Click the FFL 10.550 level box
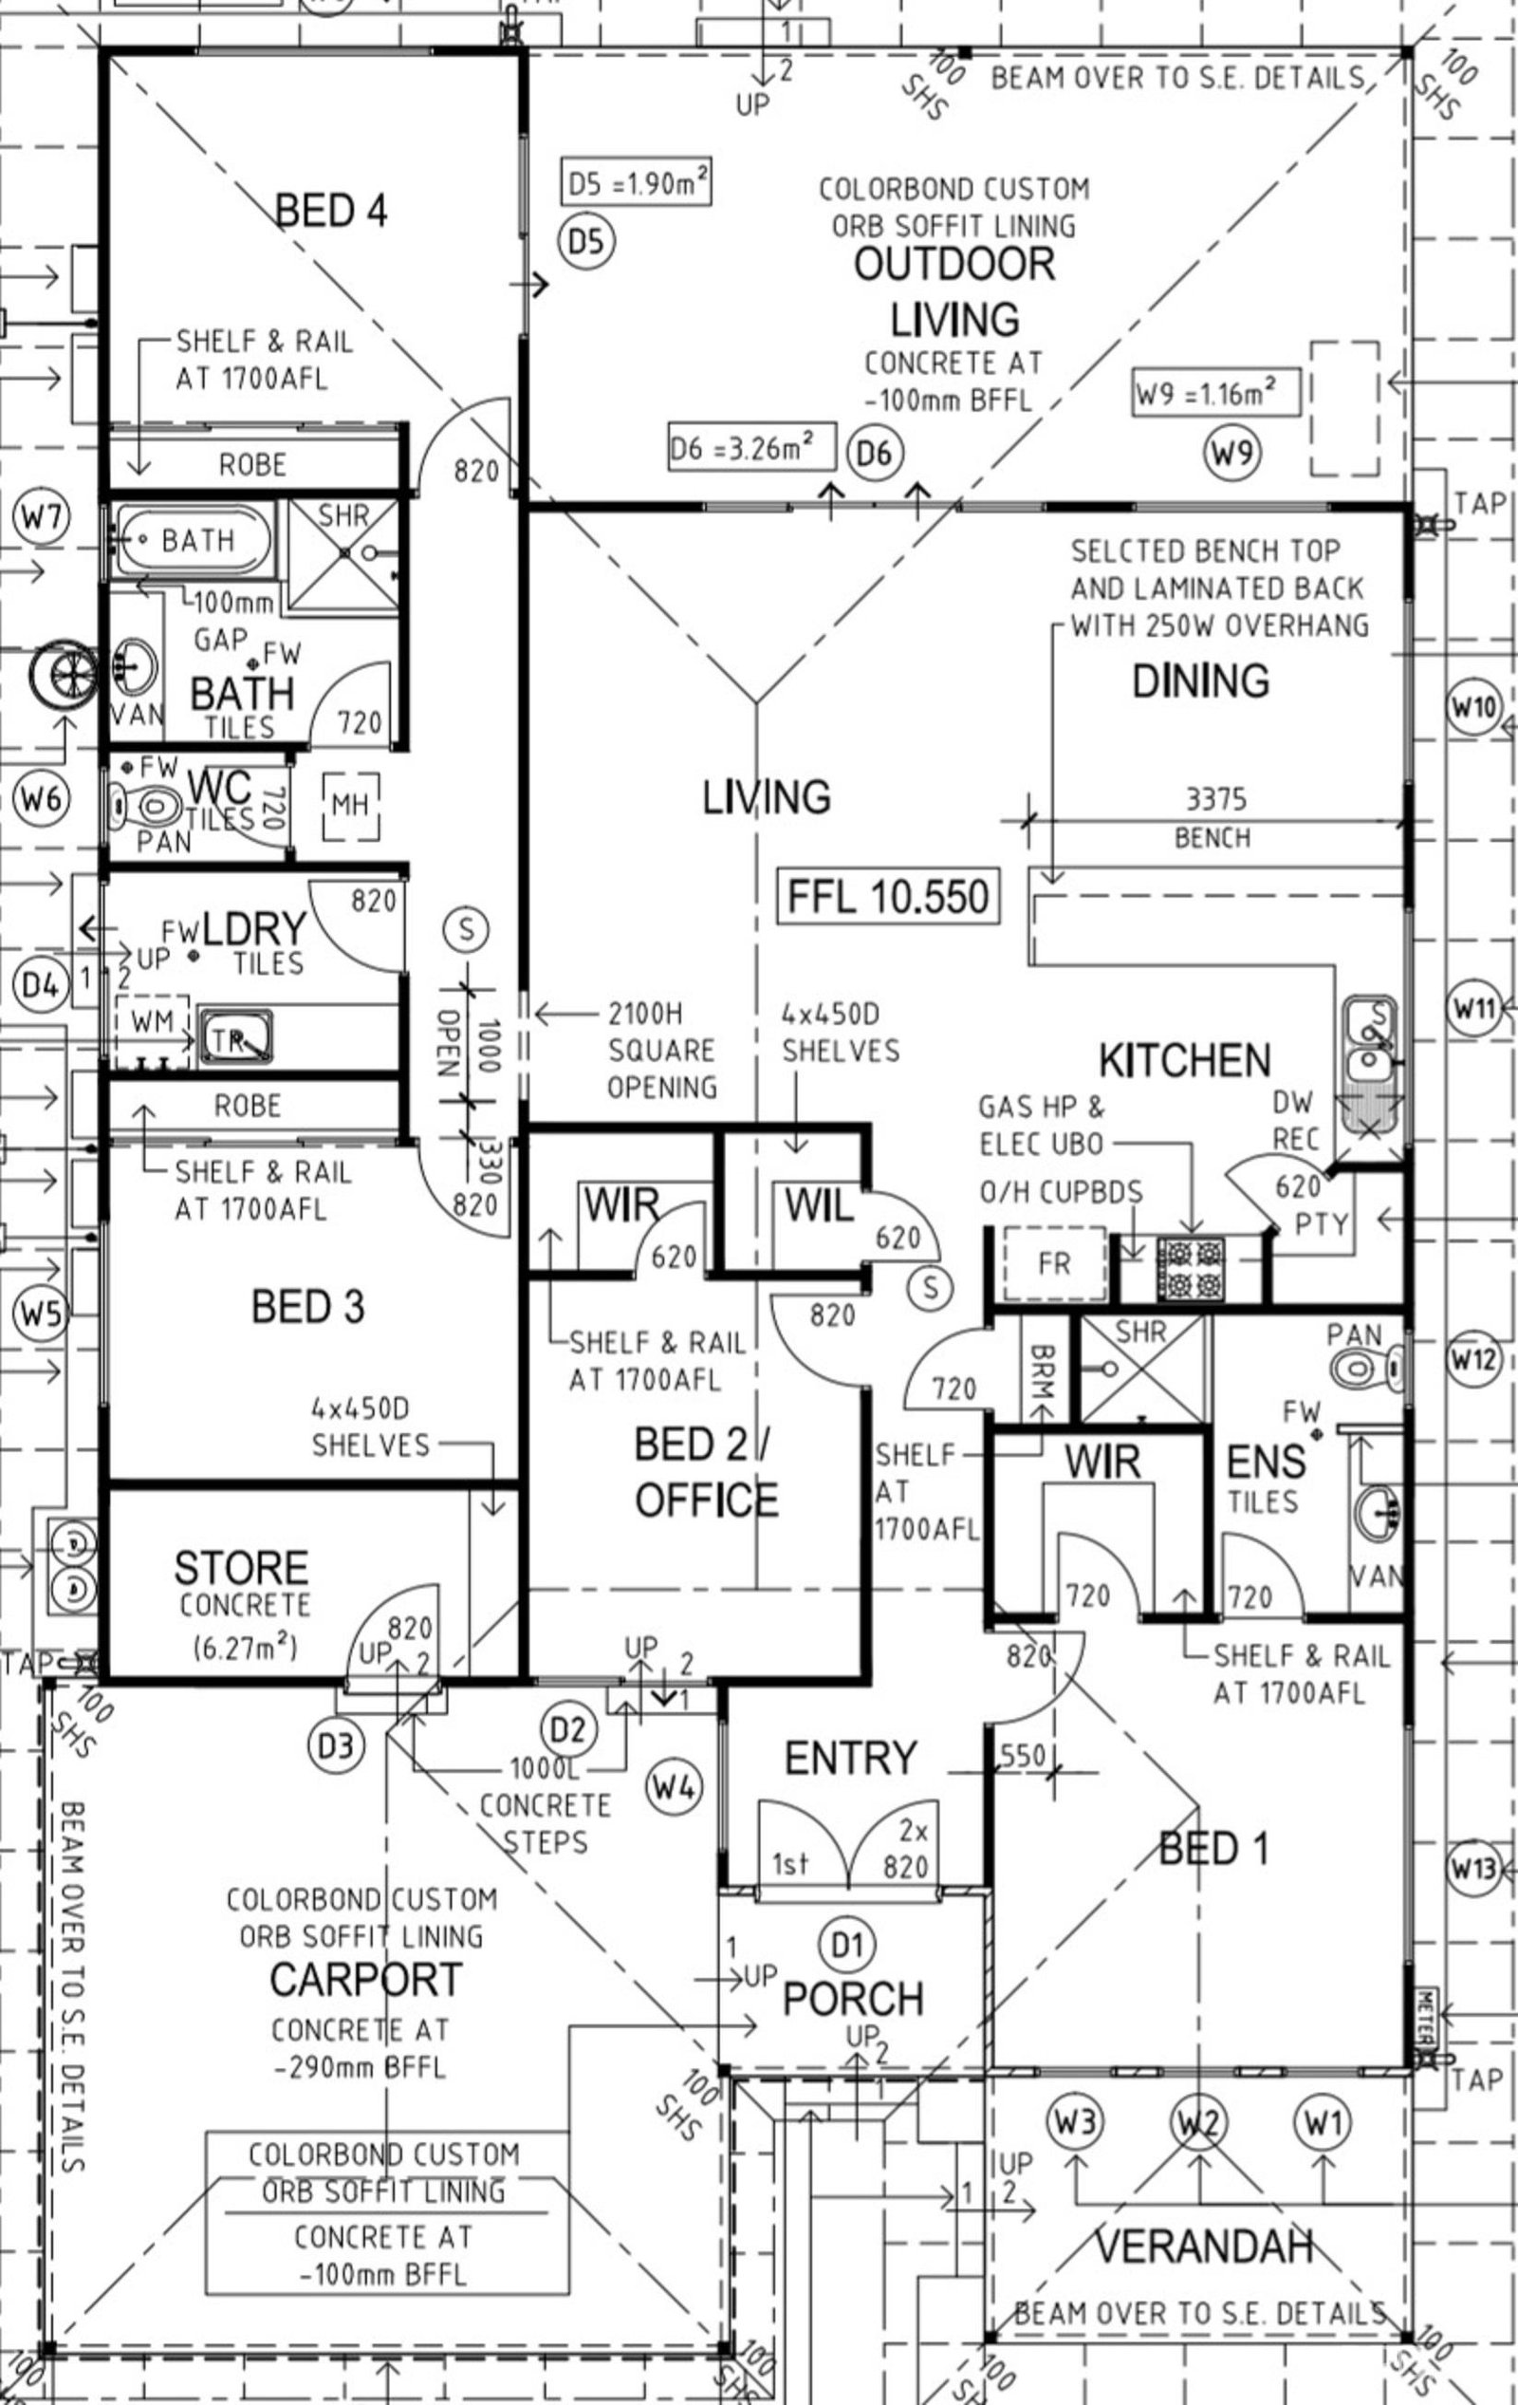pyautogui.click(x=888, y=896)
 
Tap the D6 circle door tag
pyautogui.click(x=874, y=453)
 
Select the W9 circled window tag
pyautogui.click(x=1231, y=453)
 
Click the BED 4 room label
pyautogui.click(x=330, y=211)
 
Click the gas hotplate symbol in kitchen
pyautogui.click(x=1191, y=1268)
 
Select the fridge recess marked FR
pyautogui.click(x=1055, y=1263)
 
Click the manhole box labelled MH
pyautogui.click(x=350, y=805)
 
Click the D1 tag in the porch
pyautogui.click(x=847, y=1943)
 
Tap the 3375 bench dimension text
pyautogui.click(x=1215, y=799)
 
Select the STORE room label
pyautogui.click(x=241, y=1568)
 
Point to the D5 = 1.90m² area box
pyautogui.click(x=637, y=183)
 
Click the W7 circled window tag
pyautogui.click(x=42, y=518)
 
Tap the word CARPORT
pyautogui.click(x=365, y=1980)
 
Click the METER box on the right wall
pyautogui.click(x=1425, y=2017)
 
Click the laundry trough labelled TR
pyautogui.click(x=235, y=1038)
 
